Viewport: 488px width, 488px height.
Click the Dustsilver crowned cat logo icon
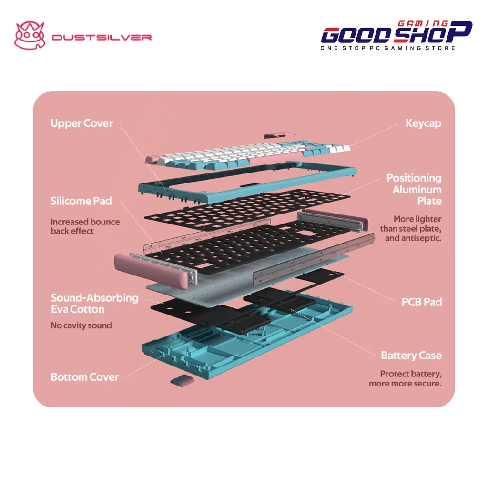(29, 36)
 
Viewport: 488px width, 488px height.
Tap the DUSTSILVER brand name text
(102, 37)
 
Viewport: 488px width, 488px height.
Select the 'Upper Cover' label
(82, 123)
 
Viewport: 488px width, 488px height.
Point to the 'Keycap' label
(423, 123)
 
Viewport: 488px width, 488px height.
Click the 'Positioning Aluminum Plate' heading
(414, 189)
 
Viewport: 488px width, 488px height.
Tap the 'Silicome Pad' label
(81, 201)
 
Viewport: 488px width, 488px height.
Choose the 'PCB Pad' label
(421, 302)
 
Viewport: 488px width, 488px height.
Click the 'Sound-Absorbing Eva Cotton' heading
(94, 304)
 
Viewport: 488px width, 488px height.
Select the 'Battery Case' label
(411, 356)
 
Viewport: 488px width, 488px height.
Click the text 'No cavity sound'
(81, 326)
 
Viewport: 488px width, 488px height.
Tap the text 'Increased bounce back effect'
(85, 226)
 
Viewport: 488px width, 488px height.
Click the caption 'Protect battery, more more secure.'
(405, 379)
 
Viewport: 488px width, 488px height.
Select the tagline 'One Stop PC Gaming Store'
(388, 48)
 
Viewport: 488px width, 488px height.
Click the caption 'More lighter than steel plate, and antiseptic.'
(410, 228)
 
